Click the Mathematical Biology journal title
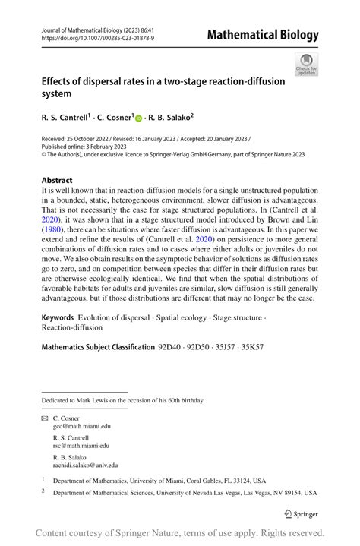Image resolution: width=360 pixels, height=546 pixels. click(263, 35)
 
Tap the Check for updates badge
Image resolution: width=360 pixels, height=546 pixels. click(306, 65)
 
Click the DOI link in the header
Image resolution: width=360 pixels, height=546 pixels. click(97, 36)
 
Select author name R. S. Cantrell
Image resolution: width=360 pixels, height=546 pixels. click(64, 118)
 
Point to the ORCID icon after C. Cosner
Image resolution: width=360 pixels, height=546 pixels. click(138, 119)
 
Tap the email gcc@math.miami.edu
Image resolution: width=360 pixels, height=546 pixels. click(81, 427)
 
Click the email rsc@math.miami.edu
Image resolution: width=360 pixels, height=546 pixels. click(81, 446)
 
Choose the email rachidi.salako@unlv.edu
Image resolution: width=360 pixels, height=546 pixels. click(85, 465)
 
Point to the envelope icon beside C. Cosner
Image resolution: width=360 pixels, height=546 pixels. click(44, 418)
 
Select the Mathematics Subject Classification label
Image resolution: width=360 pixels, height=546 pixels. click(97, 347)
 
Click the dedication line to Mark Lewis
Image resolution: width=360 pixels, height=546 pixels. click(122, 400)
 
